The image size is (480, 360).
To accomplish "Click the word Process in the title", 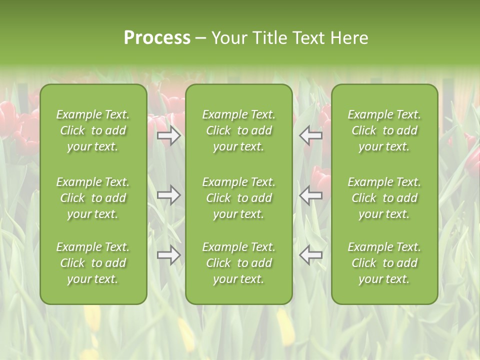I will click(x=157, y=38).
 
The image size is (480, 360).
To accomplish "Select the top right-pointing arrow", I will click(x=169, y=135).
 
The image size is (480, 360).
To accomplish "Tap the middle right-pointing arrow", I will click(x=169, y=195).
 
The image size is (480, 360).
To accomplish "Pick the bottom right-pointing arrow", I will click(x=169, y=255).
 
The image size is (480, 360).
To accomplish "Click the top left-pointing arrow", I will click(x=310, y=135).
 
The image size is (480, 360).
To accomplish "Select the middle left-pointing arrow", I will click(x=310, y=195).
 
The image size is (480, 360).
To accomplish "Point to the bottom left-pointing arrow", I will click(x=310, y=255).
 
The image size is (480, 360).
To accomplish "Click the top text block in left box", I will click(x=93, y=130).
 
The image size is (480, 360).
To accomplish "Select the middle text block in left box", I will click(x=93, y=198).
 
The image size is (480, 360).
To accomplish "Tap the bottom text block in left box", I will click(x=93, y=263).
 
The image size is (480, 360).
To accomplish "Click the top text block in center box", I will click(x=238, y=130).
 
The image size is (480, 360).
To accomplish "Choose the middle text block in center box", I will click(x=238, y=198).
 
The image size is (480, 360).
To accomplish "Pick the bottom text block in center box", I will click(x=238, y=263).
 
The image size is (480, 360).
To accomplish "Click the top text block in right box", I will click(x=384, y=130).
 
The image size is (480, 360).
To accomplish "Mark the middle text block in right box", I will click(x=384, y=198).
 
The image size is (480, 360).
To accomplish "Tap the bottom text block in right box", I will click(x=384, y=263).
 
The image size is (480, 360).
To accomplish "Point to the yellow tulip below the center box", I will click(x=285, y=327).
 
